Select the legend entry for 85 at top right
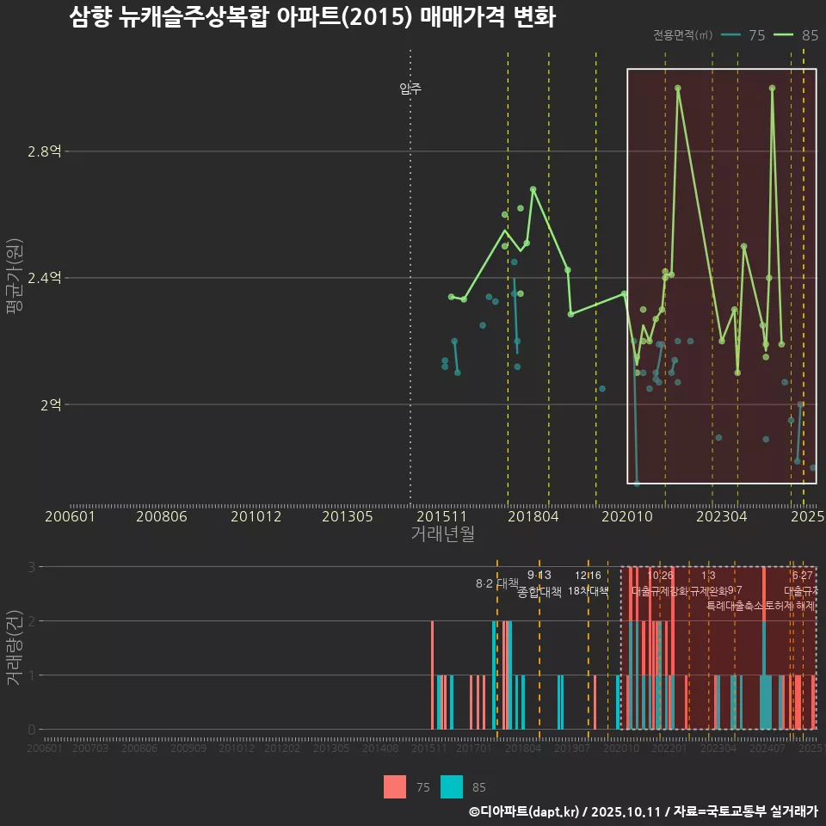pyautogui.click(x=796, y=35)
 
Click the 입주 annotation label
pyautogui.click(x=410, y=89)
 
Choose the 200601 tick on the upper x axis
pyautogui.click(x=70, y=516)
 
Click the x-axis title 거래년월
pyautogui.click(x=442, y=534)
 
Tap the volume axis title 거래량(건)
pyautogui.click(x=15, y=648)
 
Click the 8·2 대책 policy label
pyautogui.click(x=496, y=583)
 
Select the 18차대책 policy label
pyautogui.click(x=589, y=591)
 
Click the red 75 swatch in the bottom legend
pyautogui.click(x=395, y=786)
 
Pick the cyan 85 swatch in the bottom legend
pyautogui.click(x=451, y=786)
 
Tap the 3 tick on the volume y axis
pyautogui.click(x=31, y=567)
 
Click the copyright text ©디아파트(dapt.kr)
pyautogui.click(x=525, y=811)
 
